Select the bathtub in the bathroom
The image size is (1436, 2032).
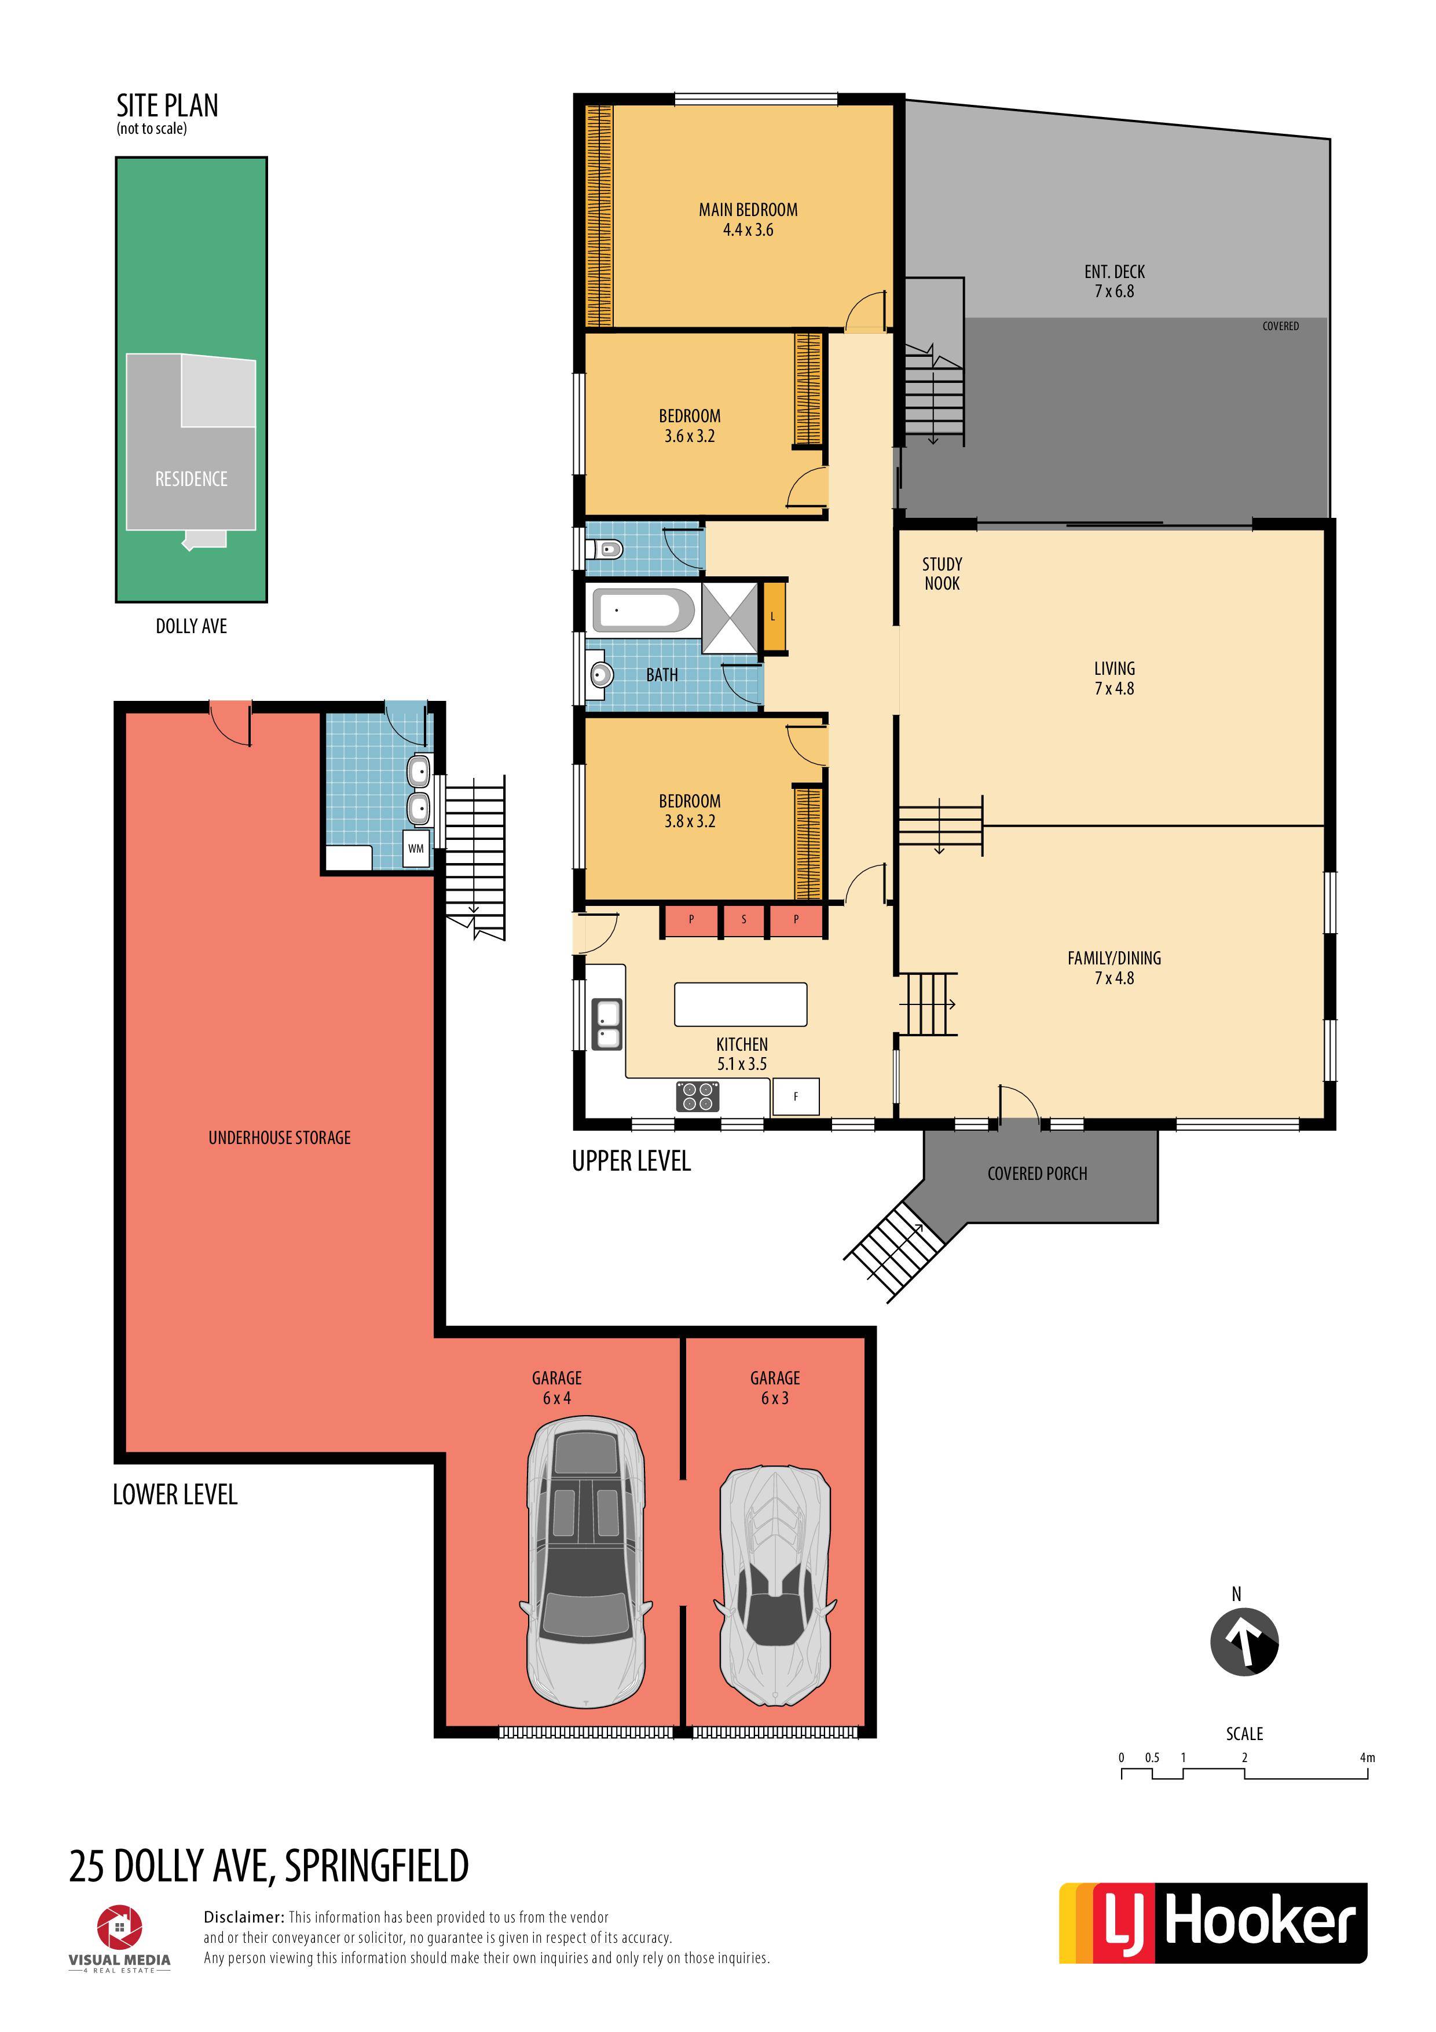[642, 611]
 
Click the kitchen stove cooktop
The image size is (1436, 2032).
[697, 1097]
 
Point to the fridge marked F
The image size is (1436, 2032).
[796, 1097]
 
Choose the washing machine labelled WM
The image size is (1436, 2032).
[416, 849]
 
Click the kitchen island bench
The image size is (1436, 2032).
[741, 1004]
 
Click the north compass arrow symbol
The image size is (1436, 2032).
[1243, 1642]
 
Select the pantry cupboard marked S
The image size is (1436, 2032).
[743, 920]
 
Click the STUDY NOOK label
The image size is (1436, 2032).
[942, 573]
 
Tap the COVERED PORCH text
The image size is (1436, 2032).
[1037, 1174]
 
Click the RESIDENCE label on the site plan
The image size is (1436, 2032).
[191, 479]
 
